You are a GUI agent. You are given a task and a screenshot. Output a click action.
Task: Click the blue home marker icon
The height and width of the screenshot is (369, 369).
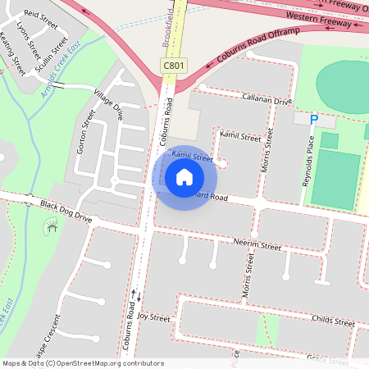184,177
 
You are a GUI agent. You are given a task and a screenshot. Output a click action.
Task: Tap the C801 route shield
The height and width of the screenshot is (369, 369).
173,66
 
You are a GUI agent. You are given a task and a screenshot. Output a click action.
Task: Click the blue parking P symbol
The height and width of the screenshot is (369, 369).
313,120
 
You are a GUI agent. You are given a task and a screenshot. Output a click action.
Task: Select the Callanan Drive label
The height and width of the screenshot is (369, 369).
266,99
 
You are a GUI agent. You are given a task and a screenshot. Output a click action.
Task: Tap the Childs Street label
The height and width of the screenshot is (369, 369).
333,322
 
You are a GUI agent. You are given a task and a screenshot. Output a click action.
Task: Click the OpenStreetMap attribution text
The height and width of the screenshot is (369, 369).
83,363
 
